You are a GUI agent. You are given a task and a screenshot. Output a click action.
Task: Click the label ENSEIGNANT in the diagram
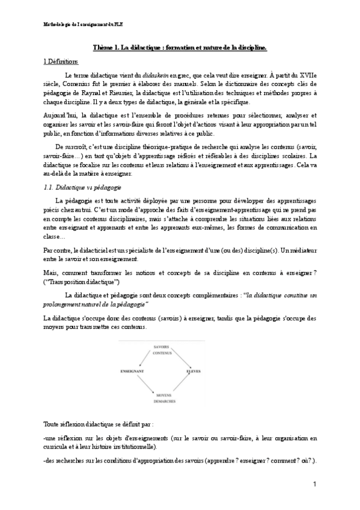131,372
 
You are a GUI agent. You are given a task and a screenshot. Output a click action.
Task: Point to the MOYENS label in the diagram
162,394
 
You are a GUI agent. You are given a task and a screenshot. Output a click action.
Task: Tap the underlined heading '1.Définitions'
61,61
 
